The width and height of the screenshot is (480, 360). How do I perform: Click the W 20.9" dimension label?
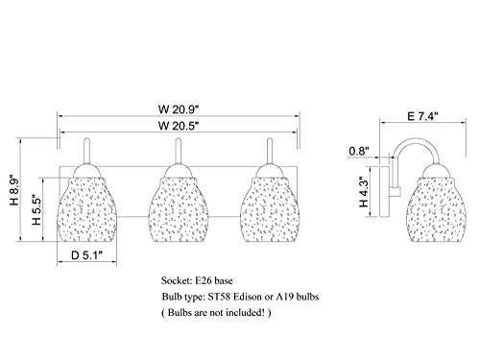pyautogui.click(x=179, y=109)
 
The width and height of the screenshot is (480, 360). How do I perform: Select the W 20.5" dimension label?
pyautogui.click(x=179, y=126)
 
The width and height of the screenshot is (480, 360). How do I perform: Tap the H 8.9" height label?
pyautogui.click(x=14, y=190)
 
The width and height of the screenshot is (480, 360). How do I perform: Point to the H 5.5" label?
pyautogui.click(x=36, y=210)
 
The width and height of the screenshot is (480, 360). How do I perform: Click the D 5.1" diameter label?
pyautogui.click(x=86, y=255)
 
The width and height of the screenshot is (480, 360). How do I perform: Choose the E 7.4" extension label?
pyautogui.click(x=422, y=116)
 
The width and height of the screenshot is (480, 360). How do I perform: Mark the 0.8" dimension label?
pyautogui.click(x=359, y=151)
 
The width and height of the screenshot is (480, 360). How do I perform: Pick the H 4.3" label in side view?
pyautogui.click(x=364, y=192)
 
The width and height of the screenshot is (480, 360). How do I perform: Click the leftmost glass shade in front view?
pyautogui.click(x=87, y=209)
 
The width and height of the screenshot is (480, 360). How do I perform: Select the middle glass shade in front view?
pyautogui.click(x=179, y=209)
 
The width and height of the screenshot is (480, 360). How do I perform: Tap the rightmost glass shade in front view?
pyautogui.click(x=270, y=209)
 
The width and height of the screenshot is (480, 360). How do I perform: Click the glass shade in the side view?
pyautogui.click(x=436, y=209)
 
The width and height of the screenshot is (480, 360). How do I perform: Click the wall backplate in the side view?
pyautogui.click(x=384, y=191)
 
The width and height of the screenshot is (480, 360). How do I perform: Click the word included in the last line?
pyautogui.click(x=243, y=312)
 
